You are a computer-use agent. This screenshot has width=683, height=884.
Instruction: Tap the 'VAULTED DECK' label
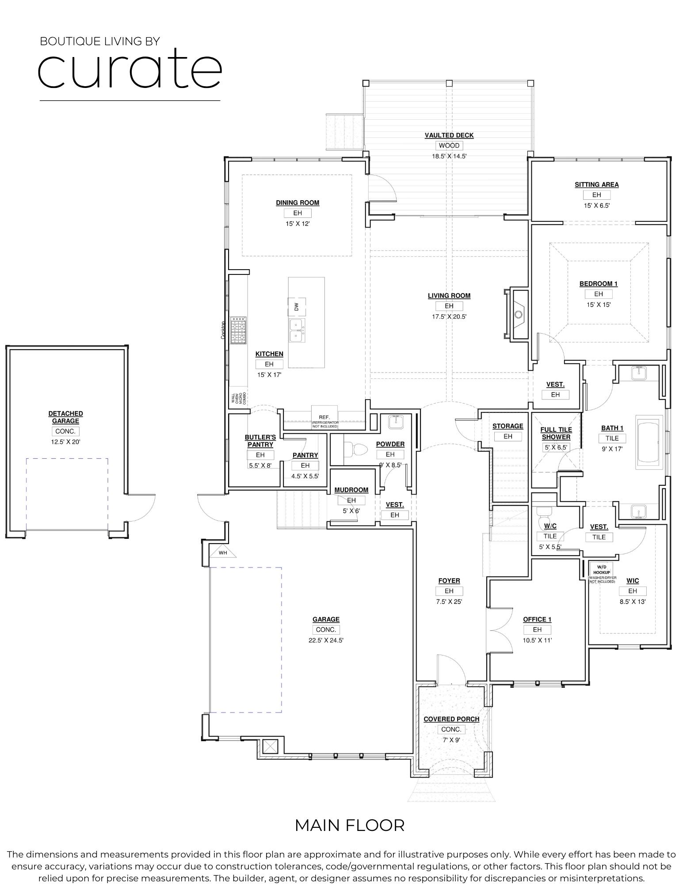[449, 135]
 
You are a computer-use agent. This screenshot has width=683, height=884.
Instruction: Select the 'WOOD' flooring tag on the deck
[449, 145]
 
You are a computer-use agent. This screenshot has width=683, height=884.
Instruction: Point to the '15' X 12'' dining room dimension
[297, 224]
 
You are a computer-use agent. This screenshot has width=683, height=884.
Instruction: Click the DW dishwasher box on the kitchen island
[297, 306]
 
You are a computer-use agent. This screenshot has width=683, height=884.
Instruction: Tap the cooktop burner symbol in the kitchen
[238, 330]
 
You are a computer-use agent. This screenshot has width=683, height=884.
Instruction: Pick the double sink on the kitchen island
[297, 331]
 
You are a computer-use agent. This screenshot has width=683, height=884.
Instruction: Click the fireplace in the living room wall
[519, 314]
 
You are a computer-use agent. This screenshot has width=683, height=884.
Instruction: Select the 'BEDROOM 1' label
[598, 284]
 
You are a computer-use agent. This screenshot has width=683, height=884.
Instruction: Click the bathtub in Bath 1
[649, 442]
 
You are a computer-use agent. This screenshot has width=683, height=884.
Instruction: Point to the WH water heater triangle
[223, 553]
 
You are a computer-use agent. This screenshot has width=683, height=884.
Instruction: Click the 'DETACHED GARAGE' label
[65, 417]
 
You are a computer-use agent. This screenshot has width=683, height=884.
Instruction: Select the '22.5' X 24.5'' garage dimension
[326, 640]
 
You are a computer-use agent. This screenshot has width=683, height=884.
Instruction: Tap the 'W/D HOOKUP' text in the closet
[602, 569]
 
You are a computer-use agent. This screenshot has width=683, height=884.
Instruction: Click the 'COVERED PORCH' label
[451, 719]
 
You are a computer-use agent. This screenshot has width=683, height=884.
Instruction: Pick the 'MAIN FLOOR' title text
[349, 825]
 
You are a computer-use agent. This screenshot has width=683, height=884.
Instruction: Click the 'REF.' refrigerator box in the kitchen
[324, 417]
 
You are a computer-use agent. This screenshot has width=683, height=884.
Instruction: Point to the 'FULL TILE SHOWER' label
[556, 433]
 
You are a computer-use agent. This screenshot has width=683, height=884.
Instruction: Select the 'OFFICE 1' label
[537, 619]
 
